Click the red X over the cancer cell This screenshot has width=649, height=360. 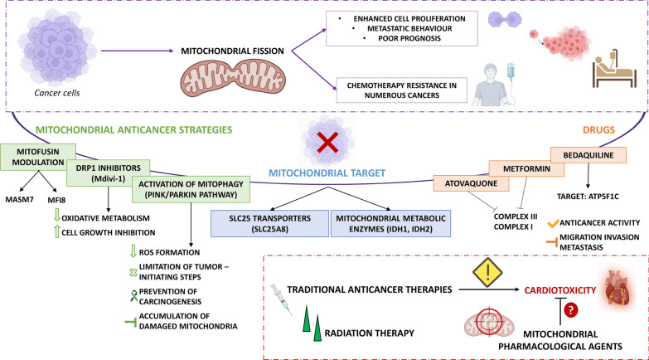point(327,143)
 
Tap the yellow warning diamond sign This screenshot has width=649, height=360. point(487,272)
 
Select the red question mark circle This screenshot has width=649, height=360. point(571,310)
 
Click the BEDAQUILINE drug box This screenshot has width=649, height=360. point(588,155)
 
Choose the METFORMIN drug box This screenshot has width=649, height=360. point(526,168)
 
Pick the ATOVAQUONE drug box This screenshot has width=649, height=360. point(471,183)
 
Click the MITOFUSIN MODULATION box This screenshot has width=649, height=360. point(38,157)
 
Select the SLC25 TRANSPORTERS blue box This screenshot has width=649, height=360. point(270,224)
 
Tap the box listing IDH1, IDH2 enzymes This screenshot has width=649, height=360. point(390,224)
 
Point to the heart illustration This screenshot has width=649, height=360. point(618,287)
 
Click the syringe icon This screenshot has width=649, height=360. point(282,299)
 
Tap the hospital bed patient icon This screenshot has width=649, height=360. point(614,69)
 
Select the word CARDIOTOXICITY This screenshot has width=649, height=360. point(560,290)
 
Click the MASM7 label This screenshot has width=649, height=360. point(19,200)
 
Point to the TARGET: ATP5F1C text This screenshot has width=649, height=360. point(588,197)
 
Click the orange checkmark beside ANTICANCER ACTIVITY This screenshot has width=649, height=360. point(553,224)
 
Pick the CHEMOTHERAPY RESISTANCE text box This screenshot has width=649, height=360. point(402,90)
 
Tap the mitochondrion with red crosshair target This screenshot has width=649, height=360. point(489,323)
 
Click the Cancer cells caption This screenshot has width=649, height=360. point(57,93)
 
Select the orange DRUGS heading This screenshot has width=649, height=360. point(598,130)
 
